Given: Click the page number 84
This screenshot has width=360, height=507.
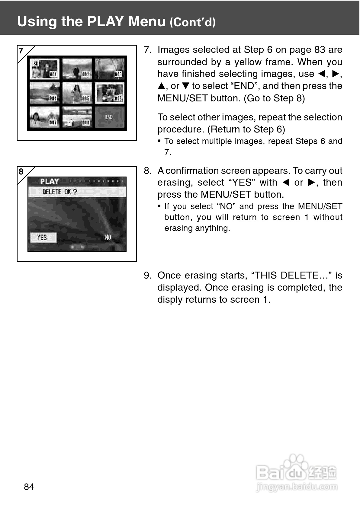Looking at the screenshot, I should [29, 486].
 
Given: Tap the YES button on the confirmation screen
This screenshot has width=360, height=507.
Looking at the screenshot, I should [43, 238].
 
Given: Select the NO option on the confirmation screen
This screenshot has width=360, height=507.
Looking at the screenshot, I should [108, 238].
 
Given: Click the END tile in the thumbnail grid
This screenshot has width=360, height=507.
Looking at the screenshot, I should [109, 117].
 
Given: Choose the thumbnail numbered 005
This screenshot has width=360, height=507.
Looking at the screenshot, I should [77, 93].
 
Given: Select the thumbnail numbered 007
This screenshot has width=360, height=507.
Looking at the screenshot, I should [45, 117].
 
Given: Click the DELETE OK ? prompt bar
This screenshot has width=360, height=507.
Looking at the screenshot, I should [77, 192].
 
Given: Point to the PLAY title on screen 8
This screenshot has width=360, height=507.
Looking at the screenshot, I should [50, 181].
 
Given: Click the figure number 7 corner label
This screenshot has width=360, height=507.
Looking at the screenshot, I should [21, 51].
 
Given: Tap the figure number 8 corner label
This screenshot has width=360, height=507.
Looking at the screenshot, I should [21, 172].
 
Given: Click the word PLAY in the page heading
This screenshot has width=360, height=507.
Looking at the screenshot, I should [105, 21].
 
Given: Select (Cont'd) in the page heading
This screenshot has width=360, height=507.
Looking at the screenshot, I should [192, 22].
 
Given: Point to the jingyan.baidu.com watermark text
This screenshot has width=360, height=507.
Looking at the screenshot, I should [297, 486].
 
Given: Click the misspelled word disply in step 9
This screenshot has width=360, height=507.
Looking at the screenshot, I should [170, 299].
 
